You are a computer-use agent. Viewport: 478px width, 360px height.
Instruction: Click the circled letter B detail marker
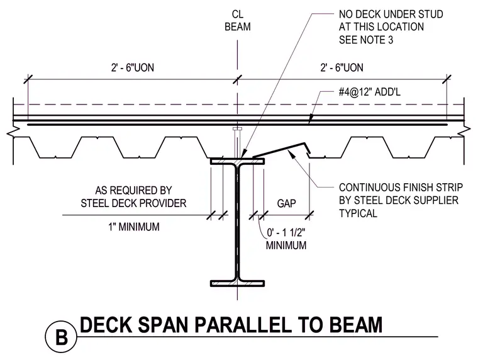click(x=61, y=337)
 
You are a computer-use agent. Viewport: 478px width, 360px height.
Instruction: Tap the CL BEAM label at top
click(x=238, y=20)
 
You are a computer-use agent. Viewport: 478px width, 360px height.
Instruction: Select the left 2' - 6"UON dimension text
click(x=132, y=67)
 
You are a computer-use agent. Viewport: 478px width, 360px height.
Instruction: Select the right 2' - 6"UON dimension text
click(x=342, y=67)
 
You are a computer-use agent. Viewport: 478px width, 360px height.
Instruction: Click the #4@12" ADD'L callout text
click(x=369, y=91)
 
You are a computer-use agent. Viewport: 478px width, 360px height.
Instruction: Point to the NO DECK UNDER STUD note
click(x=391, y=27)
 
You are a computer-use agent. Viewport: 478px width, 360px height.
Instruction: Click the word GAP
click(x=286, y=203)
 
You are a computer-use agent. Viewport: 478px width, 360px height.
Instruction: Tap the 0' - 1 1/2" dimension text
click(x=286, y=233)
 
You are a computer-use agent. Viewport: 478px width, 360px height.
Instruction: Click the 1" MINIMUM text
click(x=134, y=227)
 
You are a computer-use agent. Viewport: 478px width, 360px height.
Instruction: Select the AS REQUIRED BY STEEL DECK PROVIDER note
click(x=133, y=197)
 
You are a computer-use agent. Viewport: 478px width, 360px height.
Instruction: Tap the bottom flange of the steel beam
click(x=238, y=283)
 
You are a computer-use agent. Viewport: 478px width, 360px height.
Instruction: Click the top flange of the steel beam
click(x=238, y=161)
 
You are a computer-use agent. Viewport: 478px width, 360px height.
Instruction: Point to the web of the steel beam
click(x=238, y=222)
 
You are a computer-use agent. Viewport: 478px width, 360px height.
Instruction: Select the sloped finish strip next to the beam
click(x=282, y=150)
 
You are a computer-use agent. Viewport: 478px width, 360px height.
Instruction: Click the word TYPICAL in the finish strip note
click(x=358, y=213)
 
